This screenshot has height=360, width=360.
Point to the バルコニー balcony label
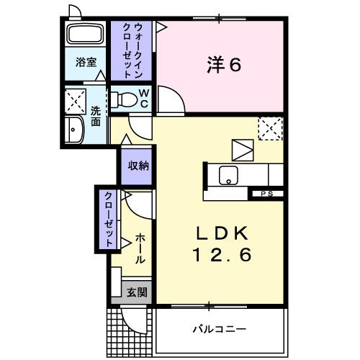[x=219, y=328]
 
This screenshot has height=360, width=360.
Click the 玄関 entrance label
[x=137, y=292]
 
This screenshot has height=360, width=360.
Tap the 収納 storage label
[x=138, y=166]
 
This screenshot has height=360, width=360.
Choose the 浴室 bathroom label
[x=86, y=63]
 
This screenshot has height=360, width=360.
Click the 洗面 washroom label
[x=96, y=117]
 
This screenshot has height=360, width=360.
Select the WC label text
[x=143, y=97]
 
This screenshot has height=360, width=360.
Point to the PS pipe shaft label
[x=266, y=193]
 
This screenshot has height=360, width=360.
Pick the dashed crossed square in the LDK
[x=270, y=129]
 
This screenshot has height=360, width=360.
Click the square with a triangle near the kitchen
[x=243, y=150]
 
